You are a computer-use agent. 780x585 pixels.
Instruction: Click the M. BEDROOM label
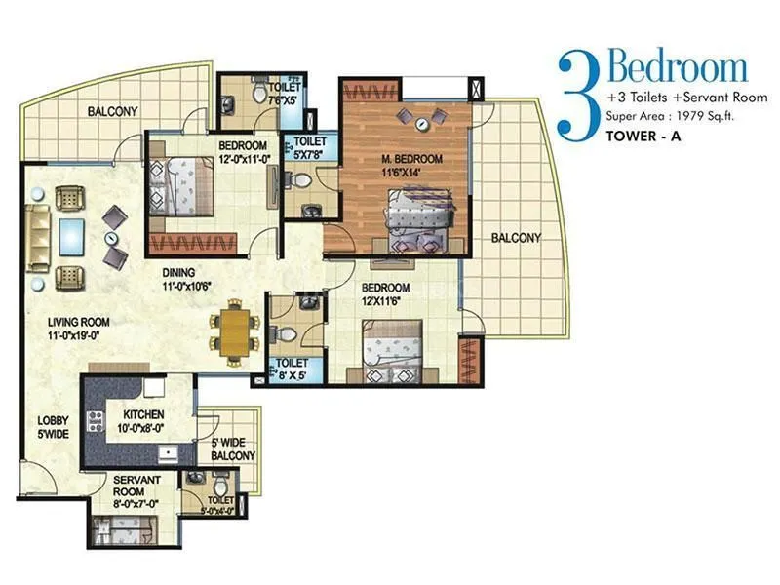[410, 165]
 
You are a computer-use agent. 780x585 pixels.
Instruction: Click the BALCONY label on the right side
[517, 238]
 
